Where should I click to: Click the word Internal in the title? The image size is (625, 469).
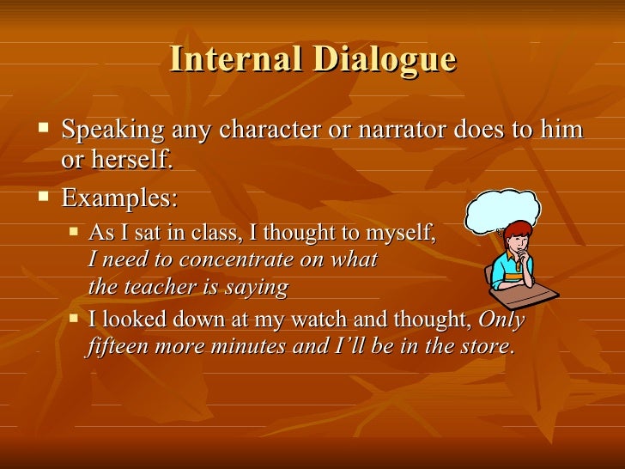pos(234,59)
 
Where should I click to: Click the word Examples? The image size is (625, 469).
pos(119,198)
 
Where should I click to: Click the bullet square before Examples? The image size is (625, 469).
pos(45,198)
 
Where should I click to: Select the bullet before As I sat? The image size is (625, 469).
pos(74,232)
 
